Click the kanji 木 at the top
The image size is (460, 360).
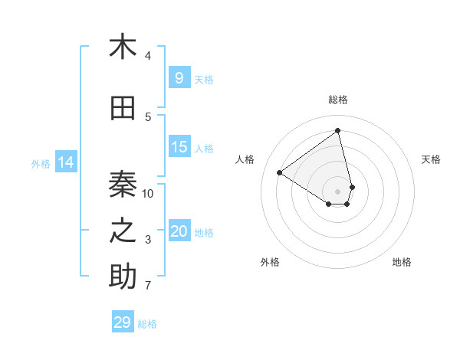coord(123,47)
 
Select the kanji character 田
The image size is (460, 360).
coord(123,109)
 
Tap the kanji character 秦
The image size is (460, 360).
coord(123,184)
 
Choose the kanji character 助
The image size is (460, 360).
coord(123,277)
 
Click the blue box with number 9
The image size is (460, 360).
coord(179,77)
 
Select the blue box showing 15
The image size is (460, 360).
coord(179,147)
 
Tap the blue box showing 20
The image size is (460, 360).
coord(179,231)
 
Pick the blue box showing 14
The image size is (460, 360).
coord(66,162)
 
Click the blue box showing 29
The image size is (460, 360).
coord(122,322)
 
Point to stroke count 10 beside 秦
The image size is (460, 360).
coord(148,193)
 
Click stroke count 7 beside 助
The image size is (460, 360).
coord(148,286)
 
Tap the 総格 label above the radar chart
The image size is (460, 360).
coord(338,100)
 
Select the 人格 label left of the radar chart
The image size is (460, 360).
coord(245,159)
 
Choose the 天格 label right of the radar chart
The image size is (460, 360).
coord(432,159)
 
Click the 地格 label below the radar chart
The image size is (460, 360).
coord(402,262)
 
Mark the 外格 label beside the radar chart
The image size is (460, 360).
coord(270,262)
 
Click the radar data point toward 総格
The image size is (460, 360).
coord(338,131)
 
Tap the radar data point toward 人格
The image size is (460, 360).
coord(280,172)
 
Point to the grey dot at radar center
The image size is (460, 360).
coord(338,191)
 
